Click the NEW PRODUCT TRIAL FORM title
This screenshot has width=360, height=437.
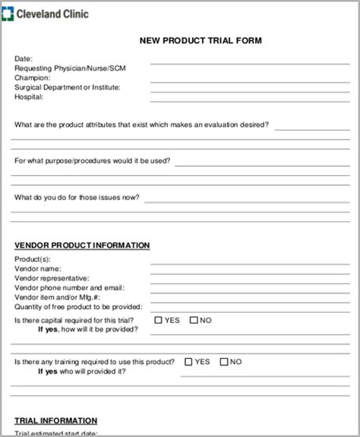tap(200, 41)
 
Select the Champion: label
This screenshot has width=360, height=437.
tap(33, 77)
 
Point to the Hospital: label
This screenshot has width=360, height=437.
tap(29, 97)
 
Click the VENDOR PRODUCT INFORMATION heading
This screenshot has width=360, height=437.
tap(82, 245)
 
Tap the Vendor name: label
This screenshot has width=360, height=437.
tap(38, 269)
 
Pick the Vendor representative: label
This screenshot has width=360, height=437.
tap(52, 278)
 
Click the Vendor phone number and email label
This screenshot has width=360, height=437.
tap(69, 288)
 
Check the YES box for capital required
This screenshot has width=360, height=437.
tap(159, 320)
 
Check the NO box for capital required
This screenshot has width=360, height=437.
tap(194, 320)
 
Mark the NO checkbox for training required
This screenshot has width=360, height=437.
tap(224, 362)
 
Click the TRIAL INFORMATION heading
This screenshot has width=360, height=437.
tap(56, 420)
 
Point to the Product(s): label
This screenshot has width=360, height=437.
tap(33, 259)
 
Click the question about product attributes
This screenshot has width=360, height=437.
tap(141, 124)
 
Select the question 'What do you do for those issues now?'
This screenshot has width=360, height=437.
tap(77, 197)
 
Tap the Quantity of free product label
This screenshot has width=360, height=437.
tap(78, 307)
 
